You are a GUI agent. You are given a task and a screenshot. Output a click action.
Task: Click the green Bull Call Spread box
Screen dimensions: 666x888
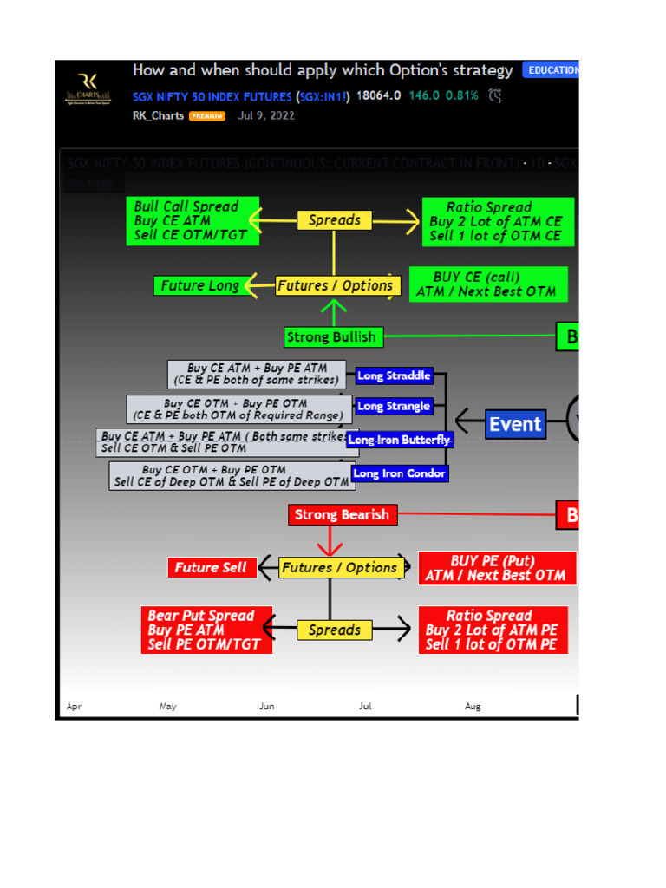click(x=193, y=221)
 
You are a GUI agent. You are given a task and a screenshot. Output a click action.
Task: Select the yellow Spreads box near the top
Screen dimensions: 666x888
click(x=334, y=220)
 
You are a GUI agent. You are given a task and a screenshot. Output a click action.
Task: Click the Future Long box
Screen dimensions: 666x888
click(x=200, y=285)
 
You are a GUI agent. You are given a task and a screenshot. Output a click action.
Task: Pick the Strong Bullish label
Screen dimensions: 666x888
click(x=331, y=336)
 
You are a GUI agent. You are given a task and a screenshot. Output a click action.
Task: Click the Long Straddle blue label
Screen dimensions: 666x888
click(x=394, y=376)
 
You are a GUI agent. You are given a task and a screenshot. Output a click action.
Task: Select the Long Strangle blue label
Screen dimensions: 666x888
click(x=394, y=406)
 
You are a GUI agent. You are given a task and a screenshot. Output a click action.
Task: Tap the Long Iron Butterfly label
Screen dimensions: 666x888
click(x=399, y=441)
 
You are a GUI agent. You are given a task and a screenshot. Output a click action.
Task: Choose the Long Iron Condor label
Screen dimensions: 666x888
click(x=399, y=473)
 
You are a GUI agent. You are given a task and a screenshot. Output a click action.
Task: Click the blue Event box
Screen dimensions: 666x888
click(x=515, y=424)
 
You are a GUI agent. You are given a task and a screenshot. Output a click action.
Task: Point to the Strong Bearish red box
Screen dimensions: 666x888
click(x=343, y=515)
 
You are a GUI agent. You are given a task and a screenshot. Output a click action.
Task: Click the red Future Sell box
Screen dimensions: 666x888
click(x=211, y=568)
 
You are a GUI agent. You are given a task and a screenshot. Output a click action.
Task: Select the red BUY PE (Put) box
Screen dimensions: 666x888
click(x=496, y=568)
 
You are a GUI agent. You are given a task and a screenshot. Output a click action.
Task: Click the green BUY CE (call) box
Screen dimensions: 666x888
click(x=487, y=284)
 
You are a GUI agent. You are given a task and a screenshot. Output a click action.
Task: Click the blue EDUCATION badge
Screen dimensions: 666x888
click(x=552, y=70)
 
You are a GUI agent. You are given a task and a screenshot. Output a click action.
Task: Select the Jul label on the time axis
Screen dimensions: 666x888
click(x=365, y=707)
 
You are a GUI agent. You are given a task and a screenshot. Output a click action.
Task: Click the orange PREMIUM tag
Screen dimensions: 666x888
click(x=207, y=115)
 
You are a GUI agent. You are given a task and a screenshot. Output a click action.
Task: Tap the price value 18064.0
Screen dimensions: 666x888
click(x=378, y=95)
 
